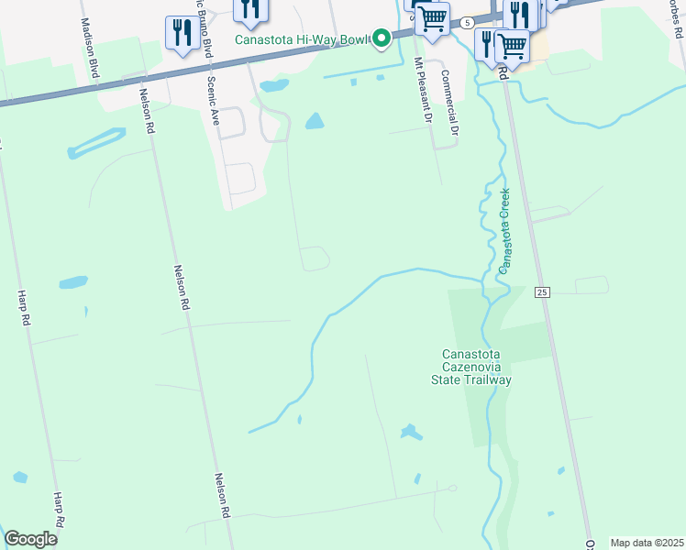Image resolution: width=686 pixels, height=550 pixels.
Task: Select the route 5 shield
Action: (467, 21)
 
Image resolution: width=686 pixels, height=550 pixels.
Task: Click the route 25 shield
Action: (543, 291)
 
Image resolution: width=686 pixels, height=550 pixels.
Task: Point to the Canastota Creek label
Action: (503, 230)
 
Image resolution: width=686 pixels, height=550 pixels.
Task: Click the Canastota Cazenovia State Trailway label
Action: (476, 367)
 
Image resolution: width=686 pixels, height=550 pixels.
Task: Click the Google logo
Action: (30, 539)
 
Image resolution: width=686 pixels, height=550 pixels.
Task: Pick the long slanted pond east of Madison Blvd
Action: (95, 143)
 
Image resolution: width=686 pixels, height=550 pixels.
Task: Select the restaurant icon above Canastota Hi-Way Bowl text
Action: (249, 8)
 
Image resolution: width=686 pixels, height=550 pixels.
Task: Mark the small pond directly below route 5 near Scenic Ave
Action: (273, 86)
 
